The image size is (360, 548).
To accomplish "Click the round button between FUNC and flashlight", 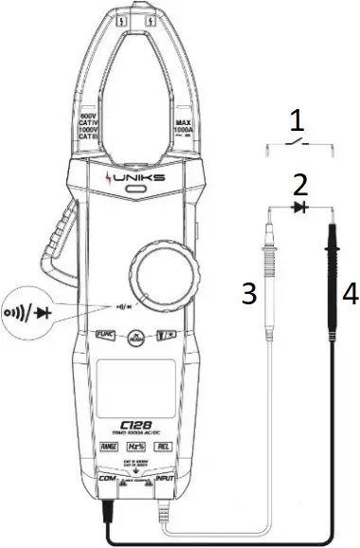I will [x=136, y=337].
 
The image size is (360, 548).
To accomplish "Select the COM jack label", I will [x=106, y=481].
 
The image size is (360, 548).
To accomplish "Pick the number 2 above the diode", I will [x=299, y=182].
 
